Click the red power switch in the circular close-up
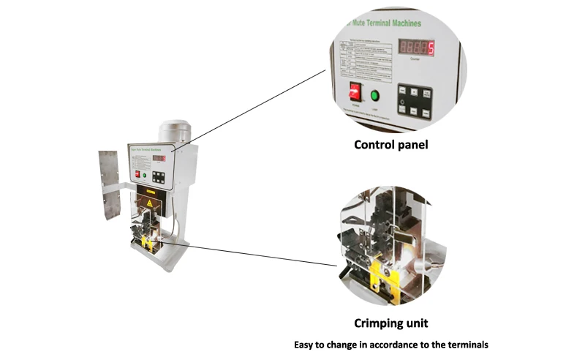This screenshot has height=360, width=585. click(x=356, y=92)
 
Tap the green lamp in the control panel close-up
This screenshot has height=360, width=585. click(x=375, y=95)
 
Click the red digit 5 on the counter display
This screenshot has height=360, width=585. click(x=430, y=49)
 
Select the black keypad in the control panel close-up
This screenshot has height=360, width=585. click(x=414, y=102)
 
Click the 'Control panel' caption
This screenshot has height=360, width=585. click(x=390, y=145)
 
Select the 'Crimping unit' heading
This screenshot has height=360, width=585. click(x=390, y=323)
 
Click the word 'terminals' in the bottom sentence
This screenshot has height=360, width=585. click(x=465, y=345)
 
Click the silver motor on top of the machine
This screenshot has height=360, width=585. click(x=174, y=132)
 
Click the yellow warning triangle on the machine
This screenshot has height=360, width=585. click(x=151, y=203)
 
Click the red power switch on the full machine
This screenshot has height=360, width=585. click(x=137, y=175)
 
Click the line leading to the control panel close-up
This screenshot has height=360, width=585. click(x=249, y=110)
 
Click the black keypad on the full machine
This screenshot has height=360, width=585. click(x=159, y=176)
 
